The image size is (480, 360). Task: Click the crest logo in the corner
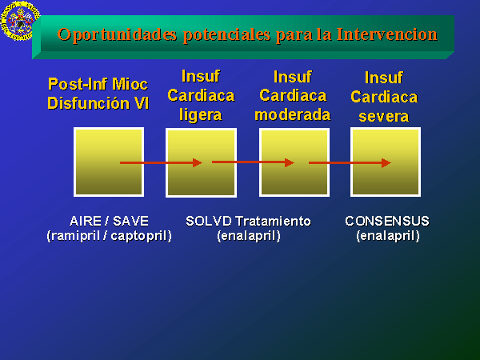coord(20,21)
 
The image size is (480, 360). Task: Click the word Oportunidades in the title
coord(118,35)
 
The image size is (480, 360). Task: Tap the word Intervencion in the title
coord(387,34)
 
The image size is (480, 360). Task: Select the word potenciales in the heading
coord(227,35)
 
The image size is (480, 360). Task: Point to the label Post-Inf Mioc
coord(98,84)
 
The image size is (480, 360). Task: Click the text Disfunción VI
coord(98,103)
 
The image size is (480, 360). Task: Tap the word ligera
coord(201,115)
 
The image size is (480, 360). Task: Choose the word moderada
coord(293,115)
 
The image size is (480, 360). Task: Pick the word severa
coord(384,117)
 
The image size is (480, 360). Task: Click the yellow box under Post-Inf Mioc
coord(109,162)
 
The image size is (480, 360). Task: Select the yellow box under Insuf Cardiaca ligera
coord(201,162)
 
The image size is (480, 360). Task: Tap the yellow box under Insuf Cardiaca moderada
coord(294,162)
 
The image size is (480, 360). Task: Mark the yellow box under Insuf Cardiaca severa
coord(386,162)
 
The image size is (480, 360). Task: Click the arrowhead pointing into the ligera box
coord(198,163)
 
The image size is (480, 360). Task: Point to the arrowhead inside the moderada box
coord(290,162)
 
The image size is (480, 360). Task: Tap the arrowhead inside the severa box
coord(386,163)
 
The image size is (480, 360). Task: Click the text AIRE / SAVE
coord(110,221)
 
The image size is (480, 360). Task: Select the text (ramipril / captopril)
coord(110,236)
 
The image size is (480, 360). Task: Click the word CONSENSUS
coord(387,221)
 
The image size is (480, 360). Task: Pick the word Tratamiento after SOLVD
coord(274,221)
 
